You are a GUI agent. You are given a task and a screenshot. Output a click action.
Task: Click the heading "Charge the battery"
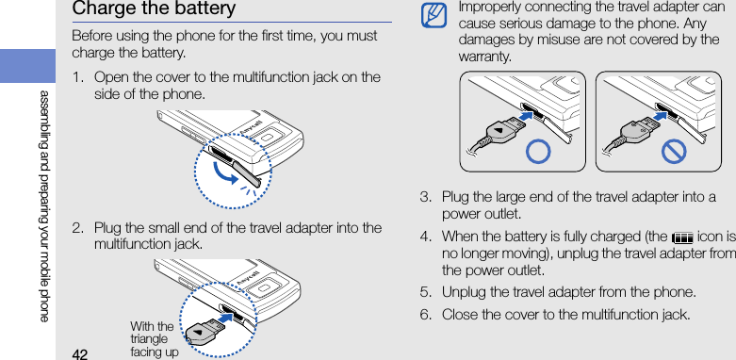(154, 8)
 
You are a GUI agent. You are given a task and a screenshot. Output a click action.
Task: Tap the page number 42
(81, 354)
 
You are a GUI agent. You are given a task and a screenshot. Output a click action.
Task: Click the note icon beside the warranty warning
(433, 15)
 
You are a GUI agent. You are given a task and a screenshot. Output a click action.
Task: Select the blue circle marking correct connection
(538, 152)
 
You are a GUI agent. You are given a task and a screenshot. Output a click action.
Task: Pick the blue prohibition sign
(674, 152)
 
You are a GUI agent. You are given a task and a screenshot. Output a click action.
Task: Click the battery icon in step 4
(682, 238)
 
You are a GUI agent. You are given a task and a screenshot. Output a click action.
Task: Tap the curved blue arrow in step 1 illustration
(225, 172)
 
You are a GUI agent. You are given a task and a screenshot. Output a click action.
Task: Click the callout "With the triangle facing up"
(154, 339)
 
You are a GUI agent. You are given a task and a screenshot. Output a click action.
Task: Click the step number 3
(424, 196)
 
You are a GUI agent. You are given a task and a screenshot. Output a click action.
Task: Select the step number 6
(424, 314)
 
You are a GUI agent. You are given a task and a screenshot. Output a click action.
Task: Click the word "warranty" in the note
(485, 57)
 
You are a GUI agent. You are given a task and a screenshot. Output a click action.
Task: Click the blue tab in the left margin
(27, 66)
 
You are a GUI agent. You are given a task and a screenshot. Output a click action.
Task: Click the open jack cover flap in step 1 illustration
(247, 172)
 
